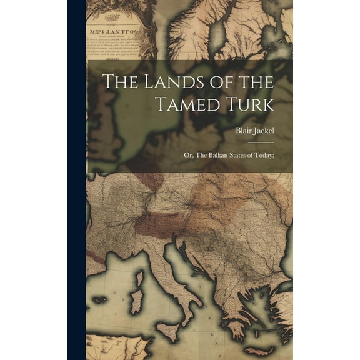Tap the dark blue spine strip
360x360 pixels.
pyautogui.click(x=76, y=180)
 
